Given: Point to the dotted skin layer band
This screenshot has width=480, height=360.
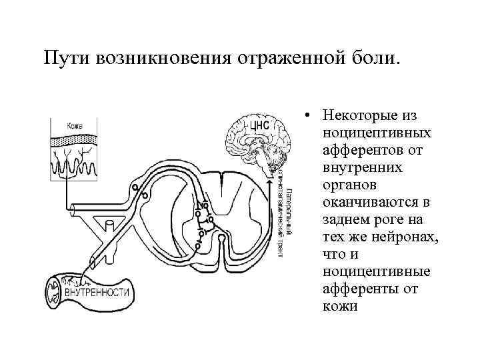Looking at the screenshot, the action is (x=75, y=139).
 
